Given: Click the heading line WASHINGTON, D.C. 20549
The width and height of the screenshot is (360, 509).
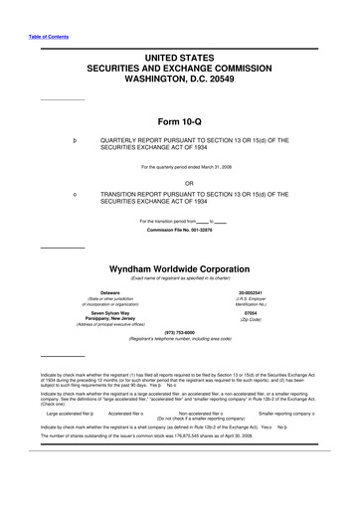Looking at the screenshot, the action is tap(180, 75).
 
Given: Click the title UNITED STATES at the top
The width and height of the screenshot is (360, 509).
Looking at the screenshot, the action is tap(180, 47).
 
